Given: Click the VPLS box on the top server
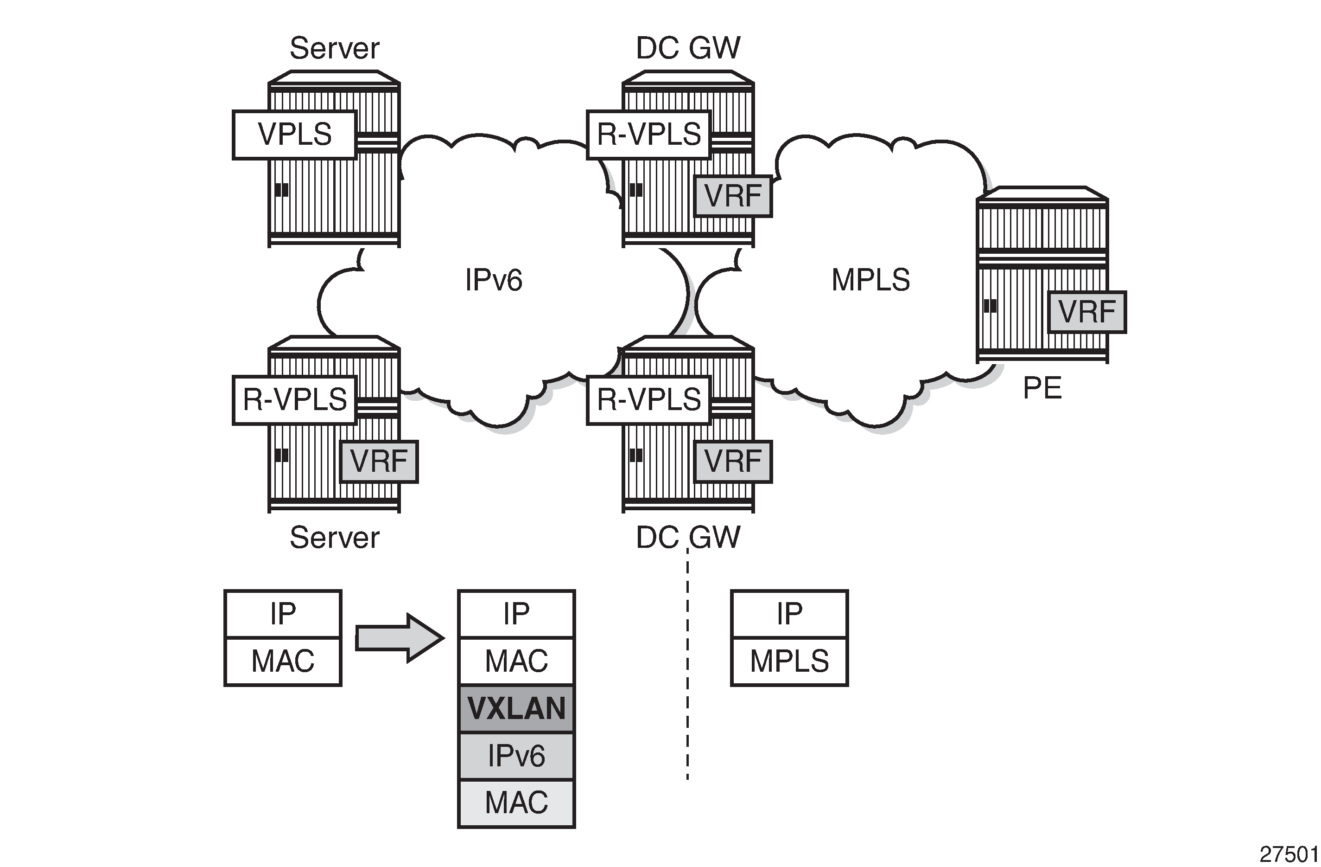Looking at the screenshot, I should pyautogui.click(x=294, y=135).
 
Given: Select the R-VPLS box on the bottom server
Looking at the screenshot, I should pyautogui.click(x=294, y=400).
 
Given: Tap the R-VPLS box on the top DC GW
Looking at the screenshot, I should pyautogui.click(x=648, y=135).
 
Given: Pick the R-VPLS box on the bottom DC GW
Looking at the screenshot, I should pyautogui.click(x=648, y=400).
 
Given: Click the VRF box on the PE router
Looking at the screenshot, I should pyautogui.click(x=1086, y=312).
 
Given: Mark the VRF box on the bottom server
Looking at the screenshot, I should pyautogui.click(x=379, y=462).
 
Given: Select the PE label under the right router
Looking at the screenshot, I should pyautogui.click(x=1042, y=388).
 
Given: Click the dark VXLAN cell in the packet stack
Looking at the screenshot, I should pyautogui.click(x=516, y=708).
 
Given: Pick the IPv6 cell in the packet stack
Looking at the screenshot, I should pyautogui.click(x=516, y=756).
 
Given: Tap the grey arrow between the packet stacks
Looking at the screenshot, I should pyautogui.click(x=399, y=638).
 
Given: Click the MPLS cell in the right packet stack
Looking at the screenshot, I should pyautogui.click(x=789, y=661).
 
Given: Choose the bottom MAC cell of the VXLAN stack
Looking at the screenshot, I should pyautogui.click(x=516, y=803).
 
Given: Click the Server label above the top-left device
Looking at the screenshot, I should pyautogui.click(x=334, y=48).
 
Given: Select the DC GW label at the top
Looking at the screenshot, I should pyautogui.click(x=688, y=48).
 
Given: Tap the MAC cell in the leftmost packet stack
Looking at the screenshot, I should pyautogui.click(x=283, y=661).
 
